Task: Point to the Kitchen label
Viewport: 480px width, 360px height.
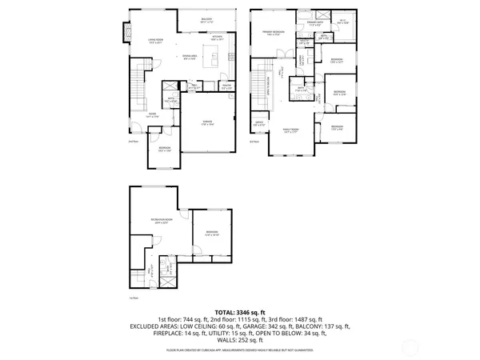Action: click(x=216, y=37)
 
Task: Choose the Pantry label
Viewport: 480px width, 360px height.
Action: click(x=226, y=86)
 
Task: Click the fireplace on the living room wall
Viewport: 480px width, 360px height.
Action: click(x=125, y=32)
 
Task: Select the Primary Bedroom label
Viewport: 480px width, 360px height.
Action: click(x=274, y=33)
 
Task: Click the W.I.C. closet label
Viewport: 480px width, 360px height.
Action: click(x=342, y=22)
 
